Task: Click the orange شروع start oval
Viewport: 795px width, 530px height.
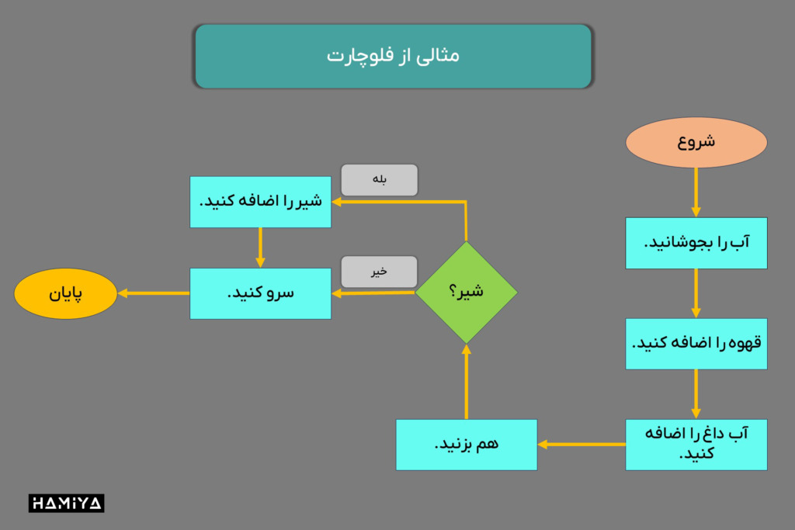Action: pyautogui.click(x=696, y=142)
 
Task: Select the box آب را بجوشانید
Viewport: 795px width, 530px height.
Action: pyautogui.click(x=696, y=243)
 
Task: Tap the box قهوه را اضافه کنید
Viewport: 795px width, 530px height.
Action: pyautogui.click(x=696, y=344)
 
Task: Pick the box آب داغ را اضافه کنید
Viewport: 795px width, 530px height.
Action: pyautogui.click(x=696, y=445)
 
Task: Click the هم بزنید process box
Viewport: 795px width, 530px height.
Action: pyautogui.click(x=467, y=445)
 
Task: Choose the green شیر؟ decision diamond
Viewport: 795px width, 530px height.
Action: pyautogui.click(x=467, y=293)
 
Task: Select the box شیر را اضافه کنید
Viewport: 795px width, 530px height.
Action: pyautogui.click(x=261, y=203)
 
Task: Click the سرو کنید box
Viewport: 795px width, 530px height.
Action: pyautogui.click(x=261, y=293)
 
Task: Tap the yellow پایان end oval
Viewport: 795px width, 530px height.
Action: pyautogui.click(x=65, y=293)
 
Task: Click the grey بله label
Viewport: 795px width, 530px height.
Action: pyautogui.click(x=379, y=180)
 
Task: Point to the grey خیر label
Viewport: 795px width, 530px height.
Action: pyautogui.click(x=379, y=272)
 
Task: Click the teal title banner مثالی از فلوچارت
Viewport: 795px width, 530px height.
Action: pyautogui.click(x=393, y=56)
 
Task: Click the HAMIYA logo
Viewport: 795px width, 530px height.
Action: pyautogui.click(x=67, y=503)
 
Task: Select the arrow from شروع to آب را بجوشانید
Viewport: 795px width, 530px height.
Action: pyautogui.click(x=696, y=192)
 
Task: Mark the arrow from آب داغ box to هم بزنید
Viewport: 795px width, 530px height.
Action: pyautogui.click(x=581, y=445)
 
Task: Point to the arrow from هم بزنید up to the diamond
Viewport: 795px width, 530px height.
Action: pyautogui.click(x=467, y=382)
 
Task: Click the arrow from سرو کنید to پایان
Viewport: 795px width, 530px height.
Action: pyautogui.click(x=154, y=293)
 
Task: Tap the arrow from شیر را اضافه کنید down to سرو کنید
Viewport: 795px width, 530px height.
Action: pyautogui.click(x=260, y=248)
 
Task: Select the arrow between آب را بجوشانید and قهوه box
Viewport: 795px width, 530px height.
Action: pyautogui.click(x=696, y=293)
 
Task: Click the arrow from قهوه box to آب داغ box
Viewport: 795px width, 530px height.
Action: pyautogui.click(x=696, y=394)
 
